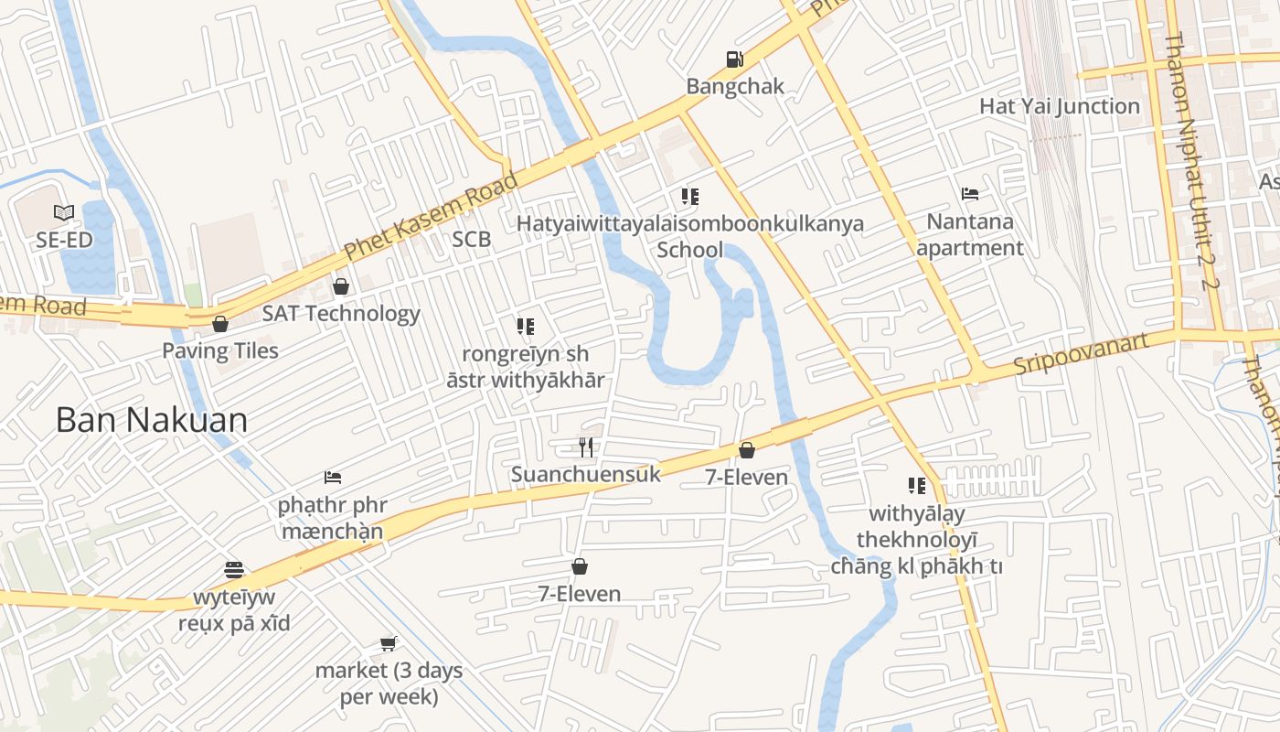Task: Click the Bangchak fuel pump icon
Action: (734, 59)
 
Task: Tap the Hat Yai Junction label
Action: (1060, 106)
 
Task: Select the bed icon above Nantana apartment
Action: (970, 194)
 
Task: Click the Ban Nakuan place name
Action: (152, 420)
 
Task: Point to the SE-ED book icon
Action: (63, 213)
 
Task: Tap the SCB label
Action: (472, 240)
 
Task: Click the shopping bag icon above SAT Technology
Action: (341, 286)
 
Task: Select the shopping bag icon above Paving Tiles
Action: (220, 323)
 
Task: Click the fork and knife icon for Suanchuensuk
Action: (586, 447)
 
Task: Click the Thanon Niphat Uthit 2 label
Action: (1192, 160)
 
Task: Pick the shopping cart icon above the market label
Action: (389, 643)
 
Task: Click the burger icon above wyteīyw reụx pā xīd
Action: (234, 570)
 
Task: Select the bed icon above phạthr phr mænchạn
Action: (333, 478)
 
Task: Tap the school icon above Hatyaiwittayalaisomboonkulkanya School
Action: (690, 196)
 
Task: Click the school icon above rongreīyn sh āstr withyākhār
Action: (525, 326)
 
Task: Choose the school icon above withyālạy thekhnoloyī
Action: (916, 485)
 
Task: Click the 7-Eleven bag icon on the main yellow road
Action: (747, 450)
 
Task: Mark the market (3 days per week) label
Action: (389, 684)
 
